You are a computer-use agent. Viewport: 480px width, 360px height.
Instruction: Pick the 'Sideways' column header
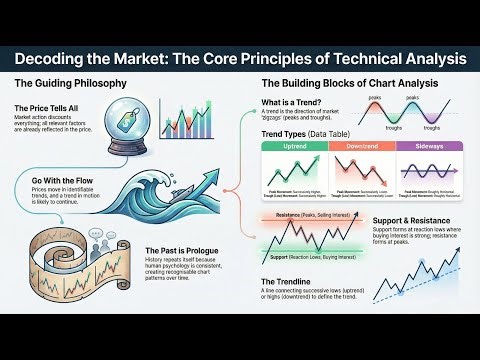[x=427, y=146]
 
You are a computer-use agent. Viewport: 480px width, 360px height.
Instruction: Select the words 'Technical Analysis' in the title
[x=386, y=59]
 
